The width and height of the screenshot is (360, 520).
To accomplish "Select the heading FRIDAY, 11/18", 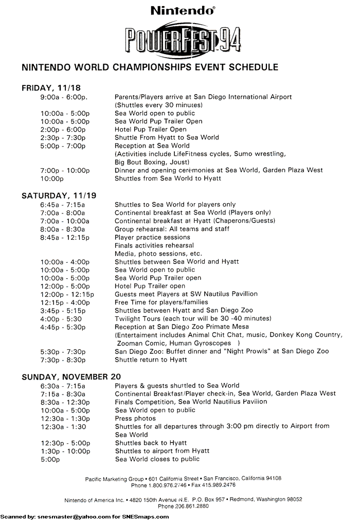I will tap(51, 88).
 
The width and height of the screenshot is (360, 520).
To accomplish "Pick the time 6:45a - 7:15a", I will tap(63, 204).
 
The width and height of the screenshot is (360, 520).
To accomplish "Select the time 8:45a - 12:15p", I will tap(65, 237).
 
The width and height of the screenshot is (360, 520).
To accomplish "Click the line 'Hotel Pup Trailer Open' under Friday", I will tap(150, 129).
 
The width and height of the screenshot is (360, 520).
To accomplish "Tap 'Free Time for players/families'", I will tap(161, 302).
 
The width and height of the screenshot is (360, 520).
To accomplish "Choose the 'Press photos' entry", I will tap(135, 418).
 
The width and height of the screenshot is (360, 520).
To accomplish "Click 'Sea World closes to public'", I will tap(157, 459).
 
